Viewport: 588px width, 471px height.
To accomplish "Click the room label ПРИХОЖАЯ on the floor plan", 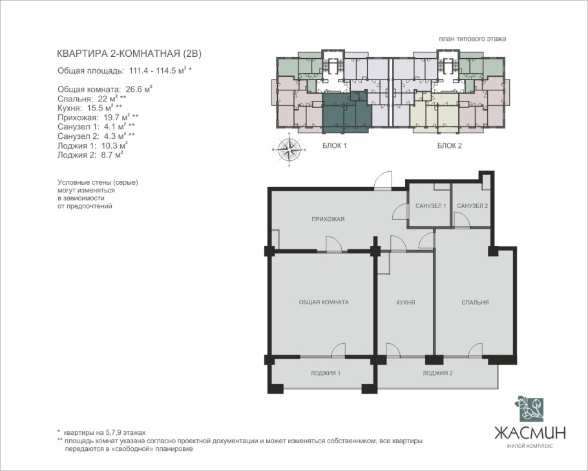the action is point(328,219).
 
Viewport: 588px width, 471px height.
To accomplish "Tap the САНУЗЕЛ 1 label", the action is point(430,206).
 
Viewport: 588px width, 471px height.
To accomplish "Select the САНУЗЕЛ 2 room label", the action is point(472,206).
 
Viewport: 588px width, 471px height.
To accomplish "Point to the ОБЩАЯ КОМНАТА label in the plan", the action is point(324,302).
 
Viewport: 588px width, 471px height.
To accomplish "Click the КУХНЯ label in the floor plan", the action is point(406,302).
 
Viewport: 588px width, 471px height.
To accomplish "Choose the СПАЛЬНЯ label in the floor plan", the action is point(475,302).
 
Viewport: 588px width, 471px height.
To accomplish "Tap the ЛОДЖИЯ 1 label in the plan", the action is point(326,373).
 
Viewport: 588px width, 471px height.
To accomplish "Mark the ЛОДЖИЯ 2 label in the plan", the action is point(437,373).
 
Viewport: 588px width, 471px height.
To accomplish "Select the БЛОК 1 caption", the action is point(335,145).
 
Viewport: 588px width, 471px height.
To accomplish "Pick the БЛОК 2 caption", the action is point(449,145).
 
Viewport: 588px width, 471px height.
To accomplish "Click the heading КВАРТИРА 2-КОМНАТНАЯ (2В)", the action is point(129,54).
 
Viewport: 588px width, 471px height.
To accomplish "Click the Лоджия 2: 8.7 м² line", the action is point(90,154).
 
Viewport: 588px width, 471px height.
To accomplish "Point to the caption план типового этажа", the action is point(472,39).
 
